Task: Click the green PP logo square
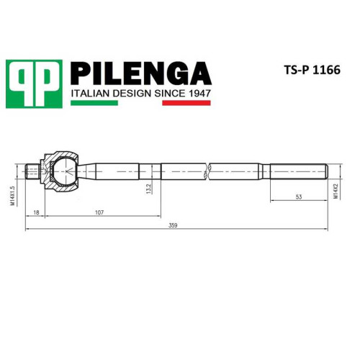34,84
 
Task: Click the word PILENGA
141,73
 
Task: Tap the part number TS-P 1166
312,70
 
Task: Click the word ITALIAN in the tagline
91,93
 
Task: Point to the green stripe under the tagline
94,103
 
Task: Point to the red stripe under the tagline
186,103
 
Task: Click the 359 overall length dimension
173,225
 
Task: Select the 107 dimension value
99,212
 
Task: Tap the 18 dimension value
36,212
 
